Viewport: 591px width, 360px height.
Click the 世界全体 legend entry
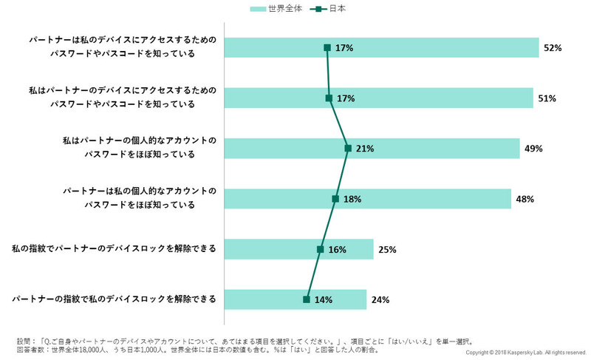coord(276,9)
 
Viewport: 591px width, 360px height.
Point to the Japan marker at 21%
coord(348,149)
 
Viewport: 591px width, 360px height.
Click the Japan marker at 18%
coord(335,199)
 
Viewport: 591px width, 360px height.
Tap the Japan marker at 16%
coord(320,249)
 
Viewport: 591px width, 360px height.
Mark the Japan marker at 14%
coord(306,299)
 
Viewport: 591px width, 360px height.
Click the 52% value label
coord(553,48)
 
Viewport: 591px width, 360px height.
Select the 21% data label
coord(365,149)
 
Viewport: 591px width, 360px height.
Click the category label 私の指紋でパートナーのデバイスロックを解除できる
coord(114,249)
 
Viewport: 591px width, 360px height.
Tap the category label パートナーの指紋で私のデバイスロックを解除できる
coord(114,299)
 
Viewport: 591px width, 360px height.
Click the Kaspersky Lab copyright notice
coord(526,353)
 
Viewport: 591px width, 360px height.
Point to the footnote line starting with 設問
coord(244,341)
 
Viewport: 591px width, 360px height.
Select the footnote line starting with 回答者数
coord(199,350)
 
